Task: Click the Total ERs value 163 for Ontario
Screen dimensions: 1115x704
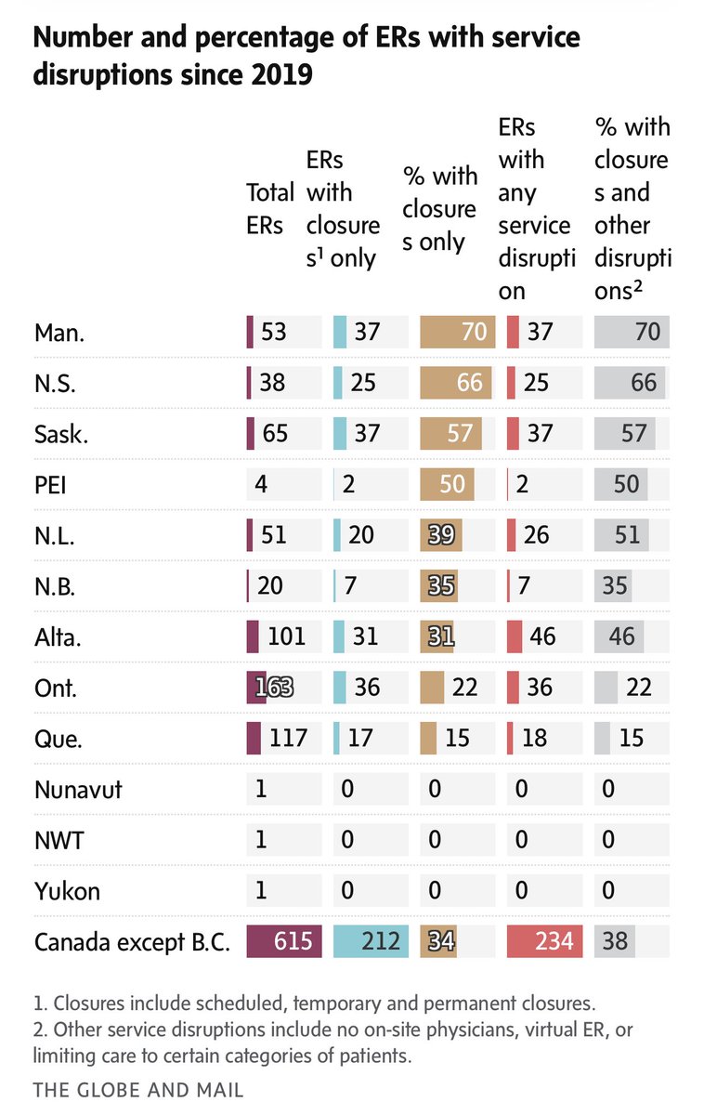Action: pos(269,688)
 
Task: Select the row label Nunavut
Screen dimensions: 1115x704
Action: pos(78,790)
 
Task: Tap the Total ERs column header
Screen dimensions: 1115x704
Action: pos(269,209)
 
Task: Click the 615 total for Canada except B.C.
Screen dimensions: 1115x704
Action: pos(291,941)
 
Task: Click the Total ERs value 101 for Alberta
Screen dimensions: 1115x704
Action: pos(286,637)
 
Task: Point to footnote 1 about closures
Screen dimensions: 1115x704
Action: pos(315,1003)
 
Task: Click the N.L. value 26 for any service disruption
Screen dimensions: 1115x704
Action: pos(536,536)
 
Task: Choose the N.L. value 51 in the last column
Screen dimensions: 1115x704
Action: pos(633,536)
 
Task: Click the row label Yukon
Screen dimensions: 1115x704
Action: pos(68,891)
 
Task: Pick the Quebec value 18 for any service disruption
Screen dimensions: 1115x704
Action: pos(536,739)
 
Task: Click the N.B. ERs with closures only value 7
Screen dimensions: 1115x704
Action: pos(351,587)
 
